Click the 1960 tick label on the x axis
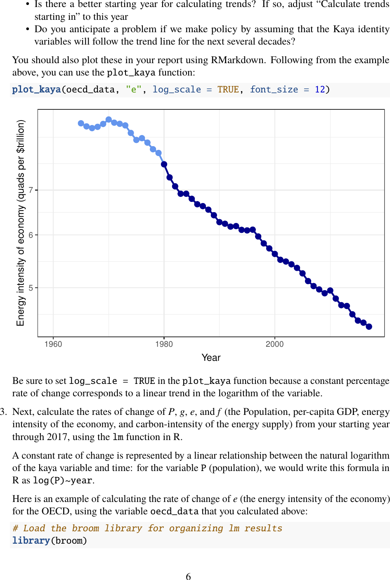pyautogui.click(x=53, y=344)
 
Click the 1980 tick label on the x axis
pyautogui.click(x=164, y=344)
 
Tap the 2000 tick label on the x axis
pyautogui.click(x=274, y=344)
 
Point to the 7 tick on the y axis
pyautogui.click(x=31, y=190)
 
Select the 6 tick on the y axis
pyautogui.click(x=31, y=235)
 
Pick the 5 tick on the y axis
pyautogui.click(x=31, y=288)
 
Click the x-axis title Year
pyautogui.click(x=211, y=357)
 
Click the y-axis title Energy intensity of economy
pyautogui.click(x=21, y=223)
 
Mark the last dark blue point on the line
pyautogui.click(x=369, y=327)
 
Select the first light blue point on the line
pyautogui.click(x=81, y=123)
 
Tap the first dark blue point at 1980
pyautogui.click(x=164, y=164)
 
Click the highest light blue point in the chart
pyautogui.click(x=109, y=119)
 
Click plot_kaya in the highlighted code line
pyautogui.click(x=36, y=90)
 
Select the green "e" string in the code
pyautogui.click(x=133, y=90)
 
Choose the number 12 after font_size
pyautogui.click(x=320, y=90)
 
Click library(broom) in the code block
pyautogui.click(x=50, y=541)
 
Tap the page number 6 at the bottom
pyautogui.click(x=188, y=576)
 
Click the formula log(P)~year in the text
pyautogui.click(x=63, y=481)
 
